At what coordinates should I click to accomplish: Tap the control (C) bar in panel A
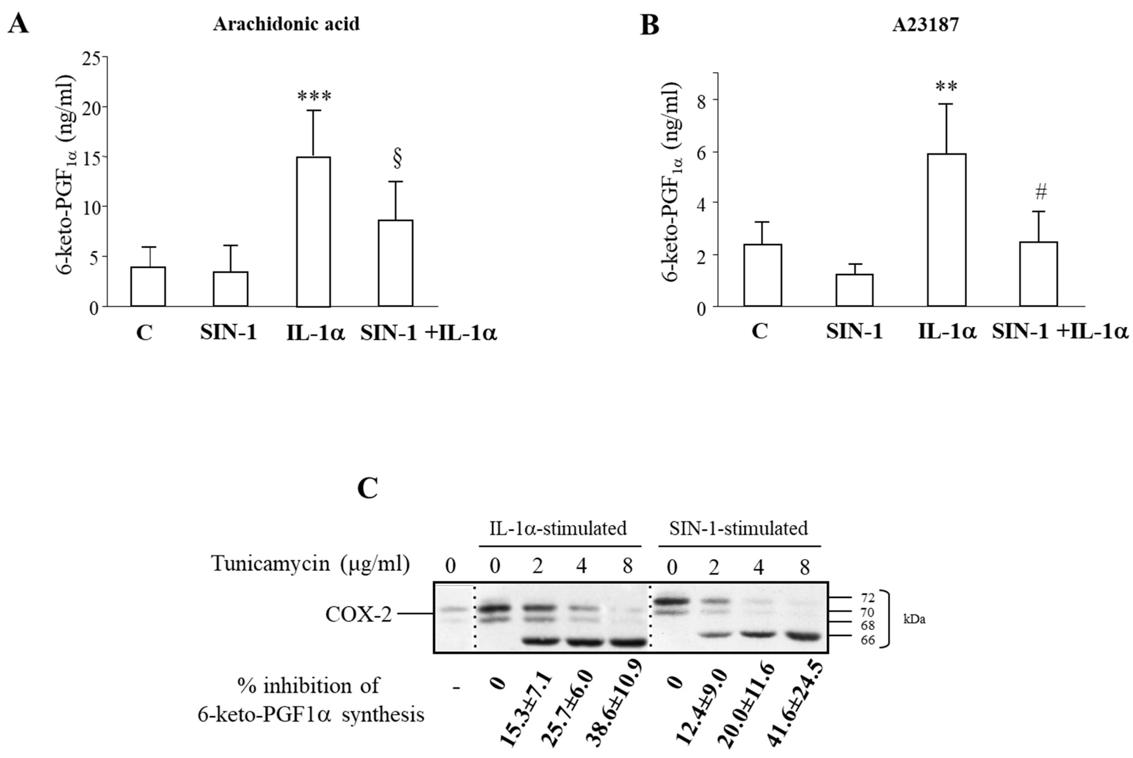coord(148,286)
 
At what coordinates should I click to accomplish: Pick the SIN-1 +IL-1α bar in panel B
coord(1038,274)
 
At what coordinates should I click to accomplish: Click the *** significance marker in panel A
coord(314,96)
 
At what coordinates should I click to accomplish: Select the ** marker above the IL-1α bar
coord(946,87)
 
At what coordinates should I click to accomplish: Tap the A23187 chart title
coord(925,25)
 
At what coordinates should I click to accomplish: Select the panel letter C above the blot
coord(367,489)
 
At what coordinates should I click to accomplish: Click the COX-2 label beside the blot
coord(358,615)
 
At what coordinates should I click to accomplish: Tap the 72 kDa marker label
coord(868,598)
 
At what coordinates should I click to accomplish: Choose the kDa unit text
coord(914,619)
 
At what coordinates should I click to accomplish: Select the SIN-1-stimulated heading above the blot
coord(738,529)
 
